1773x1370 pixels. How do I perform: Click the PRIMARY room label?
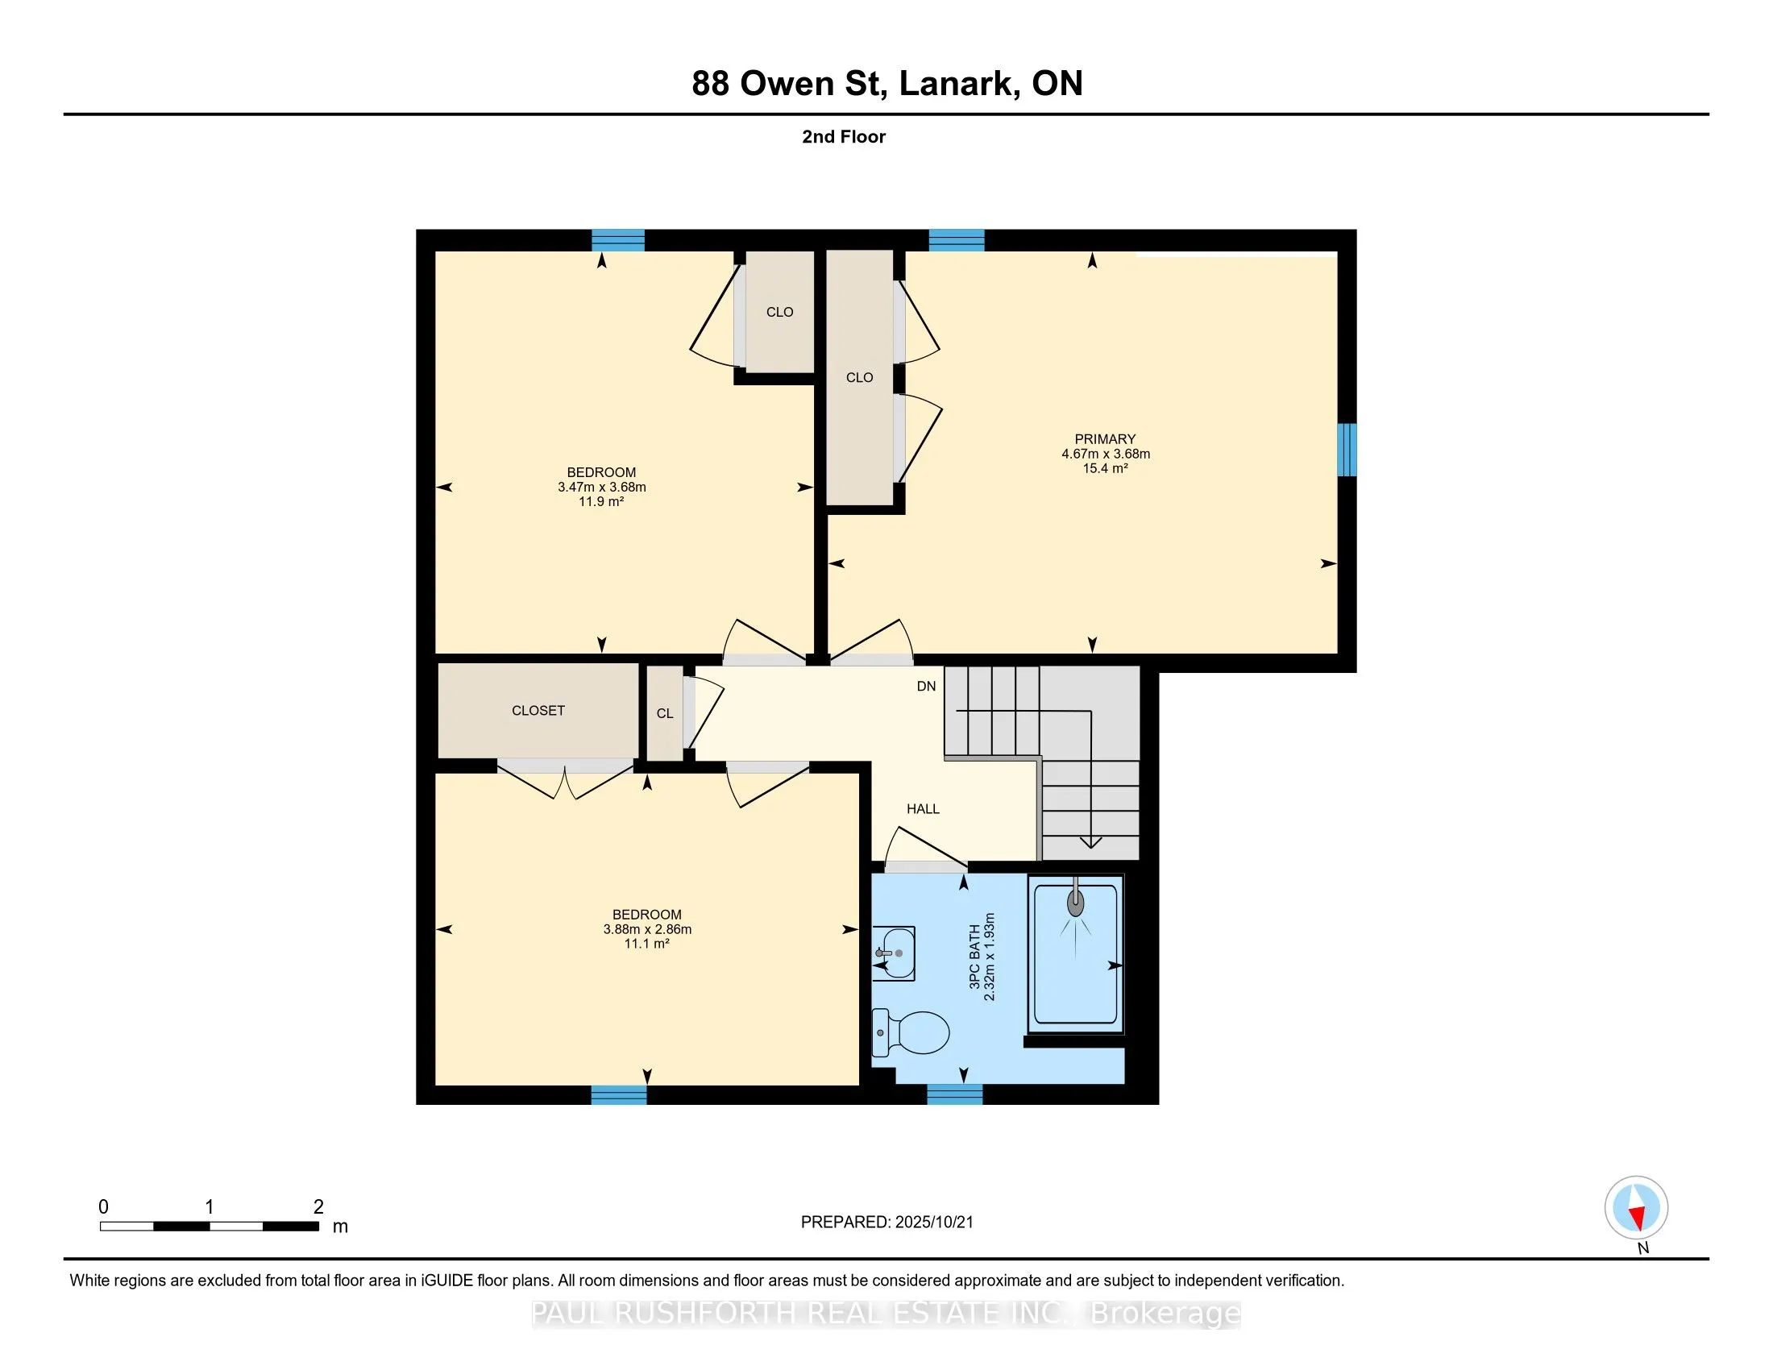pyautogui.click(x=1105, y=439)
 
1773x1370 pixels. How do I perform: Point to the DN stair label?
pyautogui.click(x=926, y=686)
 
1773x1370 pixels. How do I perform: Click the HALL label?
pyautogui.click(x=923, y=808)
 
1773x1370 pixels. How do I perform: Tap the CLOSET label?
pyautogui.click(x=538, y=710)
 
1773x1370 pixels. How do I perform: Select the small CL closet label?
pyautogui.click(x=665, y=713)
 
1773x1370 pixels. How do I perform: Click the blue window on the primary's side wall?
pyautogui.click(x=1347, y=450)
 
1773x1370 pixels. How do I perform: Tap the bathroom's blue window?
pyautogui.click(x=955, y=1095)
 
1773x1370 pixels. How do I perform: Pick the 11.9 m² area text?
pyautogui.click(x=601, y=501)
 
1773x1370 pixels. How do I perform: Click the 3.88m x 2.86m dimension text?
pyautogui.click(x=647, y=929)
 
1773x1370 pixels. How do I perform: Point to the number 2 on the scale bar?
pyautogui.click(x=319, y=1207)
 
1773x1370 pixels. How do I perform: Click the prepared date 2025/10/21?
pyautogui.click(x=932, y=1223)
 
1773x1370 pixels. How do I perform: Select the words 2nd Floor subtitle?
pyautogui.click(x=844, y=137)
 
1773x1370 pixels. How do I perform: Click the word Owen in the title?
pyautogui.click(x=787, y=84)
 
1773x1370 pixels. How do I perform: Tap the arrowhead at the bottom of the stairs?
pyautogui.click(x=1091, y=842)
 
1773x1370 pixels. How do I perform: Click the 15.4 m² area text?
pyautogui.click(x=1105, y=468)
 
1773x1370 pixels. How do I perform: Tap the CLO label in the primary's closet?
pyautogui.click(x=860, y=377)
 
